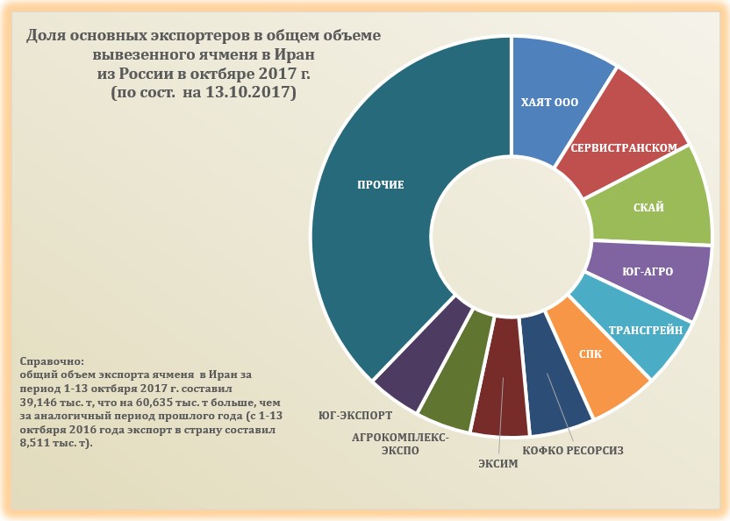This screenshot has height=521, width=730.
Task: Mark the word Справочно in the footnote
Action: pyautogui.click(x=51, y=361)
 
